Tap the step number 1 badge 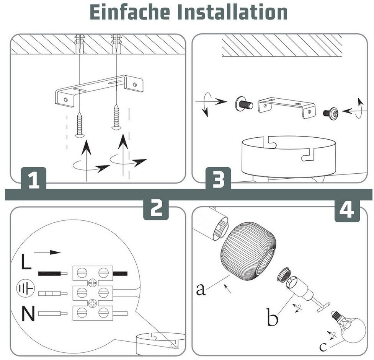tap(34, 180)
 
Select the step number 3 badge tap(218, 180)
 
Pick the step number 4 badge tap(347, 210)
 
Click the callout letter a tap(201, 289)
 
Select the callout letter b tap(272, 318)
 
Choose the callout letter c tap(323, 347)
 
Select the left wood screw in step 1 tap(80, 124)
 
